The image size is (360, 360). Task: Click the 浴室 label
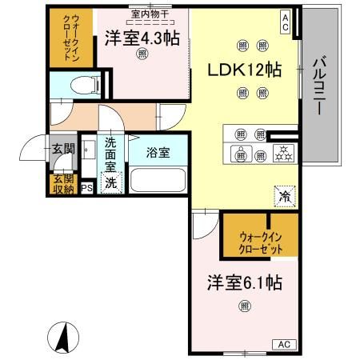pos(158,152)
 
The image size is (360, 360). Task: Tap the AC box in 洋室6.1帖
pos(283,343)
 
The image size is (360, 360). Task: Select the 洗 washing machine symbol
pos(111,182)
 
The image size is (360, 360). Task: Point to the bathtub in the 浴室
pos(157,178)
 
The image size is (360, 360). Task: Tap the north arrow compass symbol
pos(61,336)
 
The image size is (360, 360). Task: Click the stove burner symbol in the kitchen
pos(282,154)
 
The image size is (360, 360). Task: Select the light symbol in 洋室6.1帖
pos(244,305)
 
